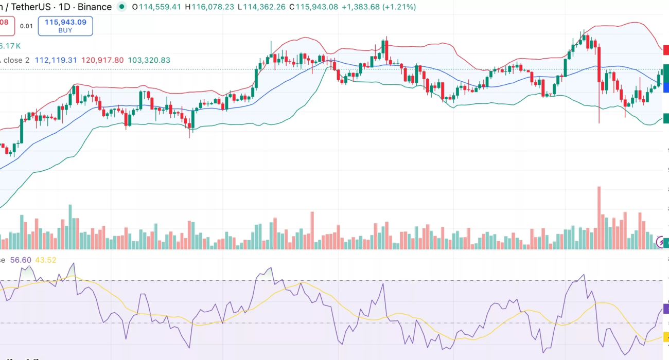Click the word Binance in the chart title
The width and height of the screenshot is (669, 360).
94,7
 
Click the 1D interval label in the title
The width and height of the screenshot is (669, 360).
64,7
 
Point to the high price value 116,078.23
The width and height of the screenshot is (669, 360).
213,7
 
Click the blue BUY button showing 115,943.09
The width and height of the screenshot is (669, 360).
65,26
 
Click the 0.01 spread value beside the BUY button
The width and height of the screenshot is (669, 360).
26,26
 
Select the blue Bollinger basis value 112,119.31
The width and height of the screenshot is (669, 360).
56,60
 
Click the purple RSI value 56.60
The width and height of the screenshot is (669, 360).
21,260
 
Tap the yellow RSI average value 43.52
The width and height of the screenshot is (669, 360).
45,260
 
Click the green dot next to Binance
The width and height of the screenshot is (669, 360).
121,7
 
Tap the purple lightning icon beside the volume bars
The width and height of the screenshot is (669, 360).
663,241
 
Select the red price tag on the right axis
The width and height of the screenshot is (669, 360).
665,50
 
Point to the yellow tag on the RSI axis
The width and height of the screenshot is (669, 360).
665,337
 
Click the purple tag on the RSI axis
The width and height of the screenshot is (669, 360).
665,309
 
